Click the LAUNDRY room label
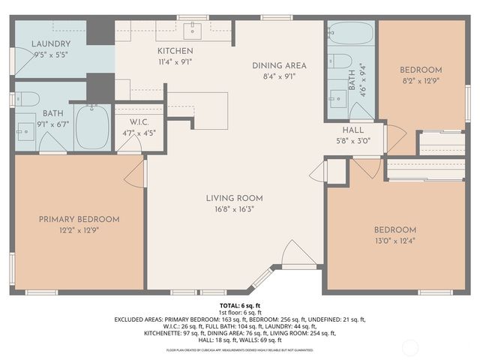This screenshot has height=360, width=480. pyautogui.click(x=52, y=44)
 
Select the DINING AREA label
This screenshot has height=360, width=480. pyautogui.click(x=278, y=65)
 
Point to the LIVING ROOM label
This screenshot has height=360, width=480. pyautogui.click(x=235, y=198)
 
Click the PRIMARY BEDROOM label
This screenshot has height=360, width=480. pyautogui.click(x=79, y=219)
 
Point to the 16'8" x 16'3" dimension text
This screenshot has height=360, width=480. pyautogui.click(x=235, y=208)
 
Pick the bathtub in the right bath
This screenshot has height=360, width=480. pyautogui.click(x=351, y=34)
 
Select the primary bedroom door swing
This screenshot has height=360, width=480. pyautogui.click(x=135, y=175)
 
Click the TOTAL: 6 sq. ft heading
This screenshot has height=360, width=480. pyautogui.click(x=239, y=306)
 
